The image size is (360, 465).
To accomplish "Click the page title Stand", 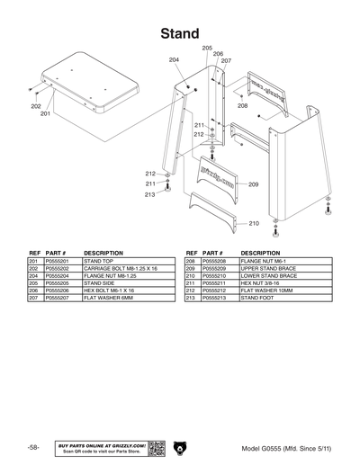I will (180, 33).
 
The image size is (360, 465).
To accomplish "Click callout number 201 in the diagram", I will (45, 114).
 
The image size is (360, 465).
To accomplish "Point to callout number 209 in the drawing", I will (254, 184).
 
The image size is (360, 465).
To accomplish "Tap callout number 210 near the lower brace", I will (254, 223).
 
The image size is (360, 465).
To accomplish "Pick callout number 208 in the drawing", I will (242, 106).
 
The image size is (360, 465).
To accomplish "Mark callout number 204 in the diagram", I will (174, 59).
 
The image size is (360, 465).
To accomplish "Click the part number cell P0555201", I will (57, 261).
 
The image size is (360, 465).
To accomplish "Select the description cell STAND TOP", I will (98, 261).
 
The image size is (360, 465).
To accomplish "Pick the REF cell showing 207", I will (34, 297).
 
